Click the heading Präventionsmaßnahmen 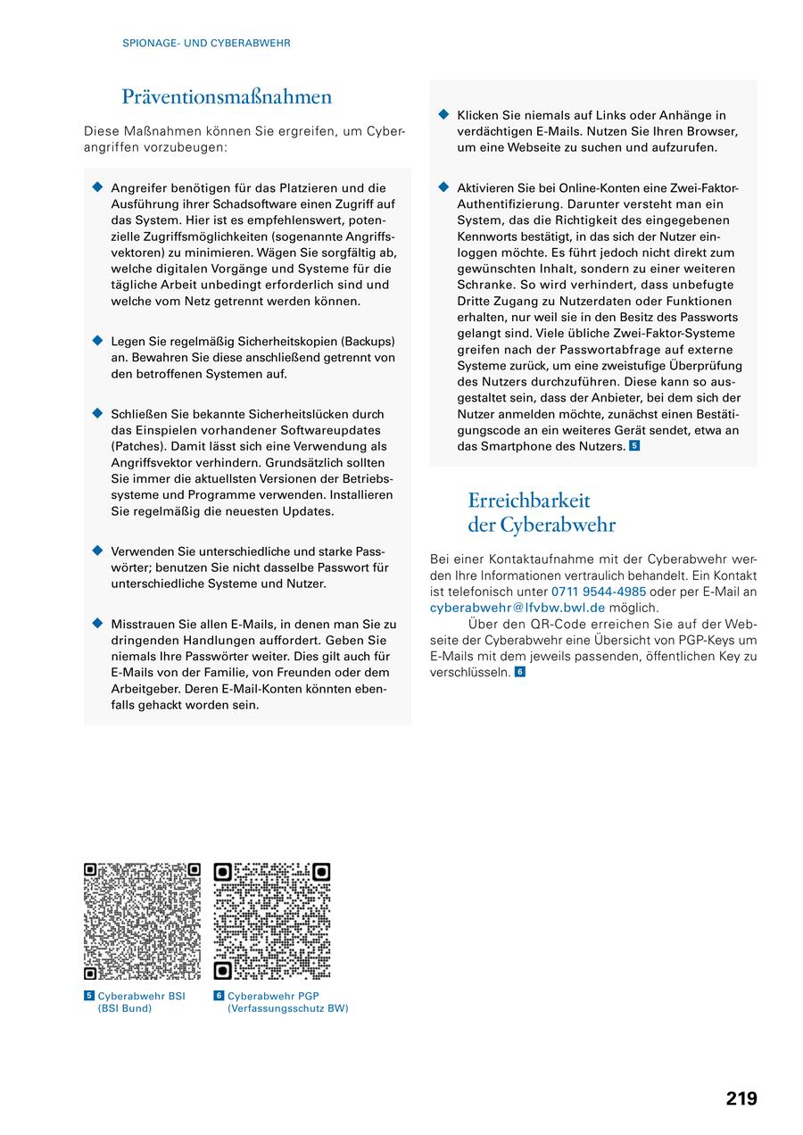pyautogui.click(x=227, y=97)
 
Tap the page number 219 pyautogui.click(x=741, y=1098)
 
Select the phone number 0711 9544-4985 pyautogui.click(x=599, y=592)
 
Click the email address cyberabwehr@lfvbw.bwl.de pyautogui.click(x=517, y=608)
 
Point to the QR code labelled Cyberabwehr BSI pyautogui.click(x=142, y=921)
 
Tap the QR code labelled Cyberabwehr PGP pyautogui.click(x=272, y=921)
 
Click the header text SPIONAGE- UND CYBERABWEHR pyautogui.click(x=206, y=43)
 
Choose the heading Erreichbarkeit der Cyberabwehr pyautogui.click(x=542, y=512)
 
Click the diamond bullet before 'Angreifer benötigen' pyautogui.click(x=98, y=187)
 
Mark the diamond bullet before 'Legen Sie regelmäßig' pyautogui.click(x=98, y=341)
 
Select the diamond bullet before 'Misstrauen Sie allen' pyautogui.click(x=98, y=624)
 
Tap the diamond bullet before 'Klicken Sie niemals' pyautogui.click(x=443, y=114)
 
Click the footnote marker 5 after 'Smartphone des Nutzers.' pyautogui.click(x=634, y=445)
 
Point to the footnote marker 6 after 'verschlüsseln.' pyautogui.click(x=520, y=672)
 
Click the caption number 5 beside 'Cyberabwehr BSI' pyautogui.click(x=89, y=996)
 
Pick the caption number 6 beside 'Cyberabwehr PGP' pyautogui.click(x=219, y=996)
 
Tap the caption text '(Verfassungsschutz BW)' pyautogui.click(x=287, y=1008)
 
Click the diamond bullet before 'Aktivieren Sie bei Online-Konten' pyautogui.click(x=443, y=187)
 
